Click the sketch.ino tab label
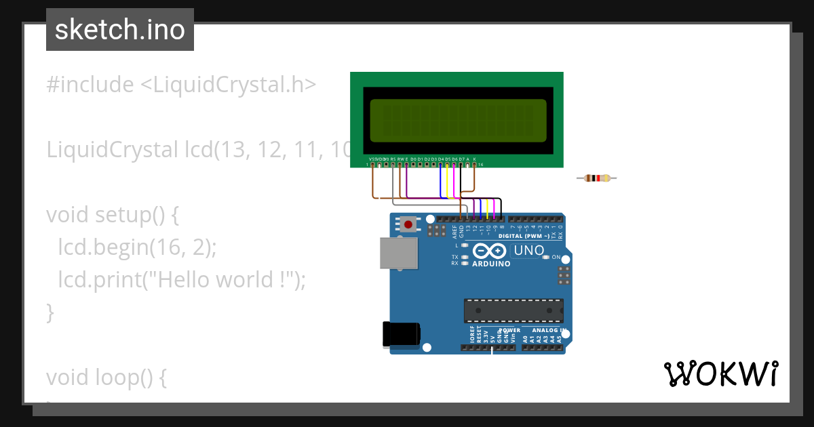click(x=120, y=30)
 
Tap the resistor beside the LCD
click(x=597, y=178)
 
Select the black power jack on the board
click(x=400, y=334)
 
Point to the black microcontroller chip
click(x=513, y=310)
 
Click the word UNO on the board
click(x=529, y=251)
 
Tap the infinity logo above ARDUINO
click(x=490, y=251)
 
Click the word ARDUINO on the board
click(x=490, y=264)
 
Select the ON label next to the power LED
click(x=556, y=258)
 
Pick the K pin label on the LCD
click(x=474, y=159)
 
